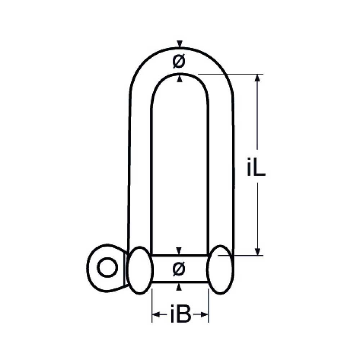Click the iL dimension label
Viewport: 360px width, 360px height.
click(256, 166)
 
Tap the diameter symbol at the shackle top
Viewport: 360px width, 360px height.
click(179, 62)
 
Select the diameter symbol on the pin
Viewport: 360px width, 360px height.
click(179, 268)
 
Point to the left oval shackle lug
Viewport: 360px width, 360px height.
click(140, 270)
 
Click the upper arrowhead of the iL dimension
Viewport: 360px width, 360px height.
click(257, 78)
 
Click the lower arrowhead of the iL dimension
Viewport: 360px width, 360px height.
click(257, 251)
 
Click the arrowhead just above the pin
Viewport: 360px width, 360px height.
click(179, 251)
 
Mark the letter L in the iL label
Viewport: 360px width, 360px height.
click(260, 166)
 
